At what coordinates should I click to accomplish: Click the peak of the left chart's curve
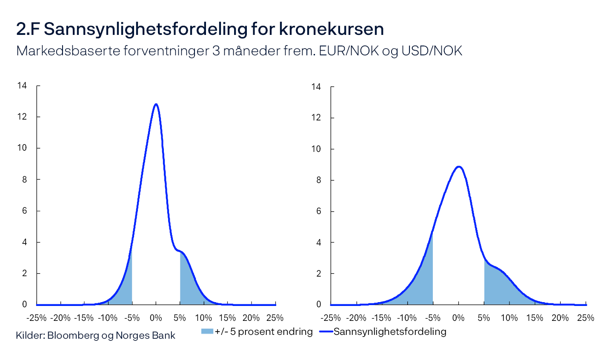pyautogui.click(x=156, y=104)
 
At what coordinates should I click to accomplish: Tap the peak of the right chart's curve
pyautogui.click(x=458, y=166)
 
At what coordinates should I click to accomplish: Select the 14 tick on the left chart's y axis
pyautogui.click(x=22, y=86)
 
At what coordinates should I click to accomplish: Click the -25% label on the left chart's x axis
pyautogui.click(x=36, y=318)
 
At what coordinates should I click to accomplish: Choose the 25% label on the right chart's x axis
pyautogui.click(x=586, y=318)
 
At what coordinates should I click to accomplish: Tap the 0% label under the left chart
pyautogui.click(x=156, y=318)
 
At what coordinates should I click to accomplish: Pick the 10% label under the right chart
pyautogui.click(x=509, y=318)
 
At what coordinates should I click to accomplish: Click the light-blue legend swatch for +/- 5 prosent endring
pyautogui.click(x=207, y=331)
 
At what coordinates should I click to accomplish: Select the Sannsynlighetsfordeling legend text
pyautogui.click(x=390, y=331)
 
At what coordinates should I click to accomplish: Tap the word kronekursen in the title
pyautogui.click(x=332, y=29)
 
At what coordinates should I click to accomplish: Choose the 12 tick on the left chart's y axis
pyautogui.click(x=22, y=117)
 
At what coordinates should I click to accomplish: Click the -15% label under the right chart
pyautogui.click(x=381, y=318)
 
